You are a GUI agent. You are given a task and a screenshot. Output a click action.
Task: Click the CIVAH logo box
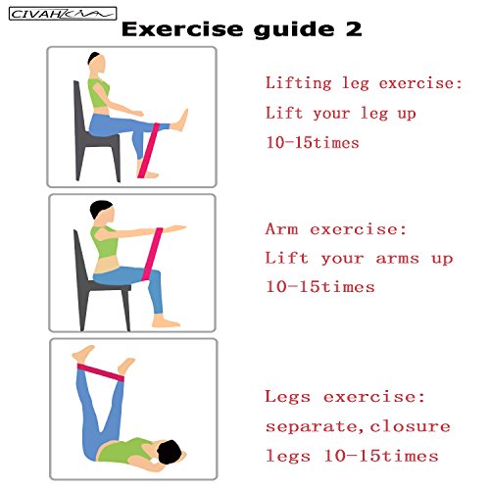coord(63,14)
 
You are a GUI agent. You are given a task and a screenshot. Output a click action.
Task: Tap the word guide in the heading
coord(294,30)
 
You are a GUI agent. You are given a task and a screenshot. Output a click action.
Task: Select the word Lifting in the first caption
coord(299,83)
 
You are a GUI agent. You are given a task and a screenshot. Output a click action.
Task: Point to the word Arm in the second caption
coord(282,228)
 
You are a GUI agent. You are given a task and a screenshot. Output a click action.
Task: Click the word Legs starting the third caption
coord(287,397)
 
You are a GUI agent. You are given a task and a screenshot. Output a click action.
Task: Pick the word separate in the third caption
coord(312,427)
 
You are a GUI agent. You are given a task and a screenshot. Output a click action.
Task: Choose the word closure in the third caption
coord(411,426)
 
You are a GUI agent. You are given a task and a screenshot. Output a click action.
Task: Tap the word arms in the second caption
coord(398,259)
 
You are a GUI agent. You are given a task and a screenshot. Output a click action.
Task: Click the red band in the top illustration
coord(149,150)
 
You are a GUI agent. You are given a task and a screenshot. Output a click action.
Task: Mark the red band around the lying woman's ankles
coord(101,372)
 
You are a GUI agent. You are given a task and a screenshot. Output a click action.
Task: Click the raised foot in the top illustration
coord(179,121)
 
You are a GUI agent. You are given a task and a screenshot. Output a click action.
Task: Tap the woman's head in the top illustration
coord(96,63)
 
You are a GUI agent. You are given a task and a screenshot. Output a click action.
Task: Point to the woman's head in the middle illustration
coord(102,213)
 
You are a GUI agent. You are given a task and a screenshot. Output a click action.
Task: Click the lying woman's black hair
coord(170,452)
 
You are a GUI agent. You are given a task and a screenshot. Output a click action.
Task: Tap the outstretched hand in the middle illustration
coord(175,228)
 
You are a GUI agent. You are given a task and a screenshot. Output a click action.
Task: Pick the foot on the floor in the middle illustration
coord(166,321)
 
